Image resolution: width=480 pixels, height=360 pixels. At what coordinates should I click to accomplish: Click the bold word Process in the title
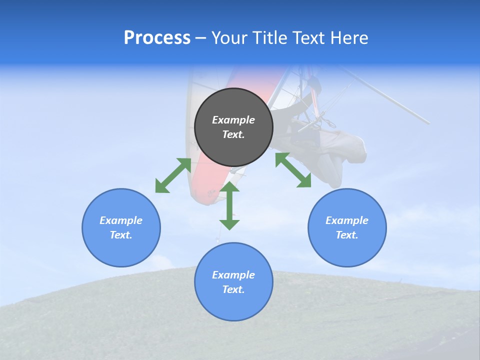[x=157, y=38]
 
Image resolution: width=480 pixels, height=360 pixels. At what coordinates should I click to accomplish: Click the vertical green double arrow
[x=229, y=206]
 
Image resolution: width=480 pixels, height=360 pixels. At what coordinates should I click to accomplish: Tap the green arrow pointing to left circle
[x=173, y=175]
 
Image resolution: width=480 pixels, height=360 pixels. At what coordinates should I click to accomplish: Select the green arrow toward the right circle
[x=293, y=170]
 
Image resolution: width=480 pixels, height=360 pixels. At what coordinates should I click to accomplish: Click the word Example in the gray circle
[x=233, y=120]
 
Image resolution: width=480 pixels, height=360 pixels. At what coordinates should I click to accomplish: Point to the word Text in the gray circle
[x=233, y=134]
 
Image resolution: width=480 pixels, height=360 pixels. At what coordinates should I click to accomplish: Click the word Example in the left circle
[x=121, y=220]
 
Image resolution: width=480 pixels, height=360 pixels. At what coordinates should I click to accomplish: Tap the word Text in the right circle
[x=347, y=235]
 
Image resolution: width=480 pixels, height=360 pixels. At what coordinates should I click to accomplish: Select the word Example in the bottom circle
[x=233, y=275]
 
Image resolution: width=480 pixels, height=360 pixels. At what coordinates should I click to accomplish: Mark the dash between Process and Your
[x=200, y=38]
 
